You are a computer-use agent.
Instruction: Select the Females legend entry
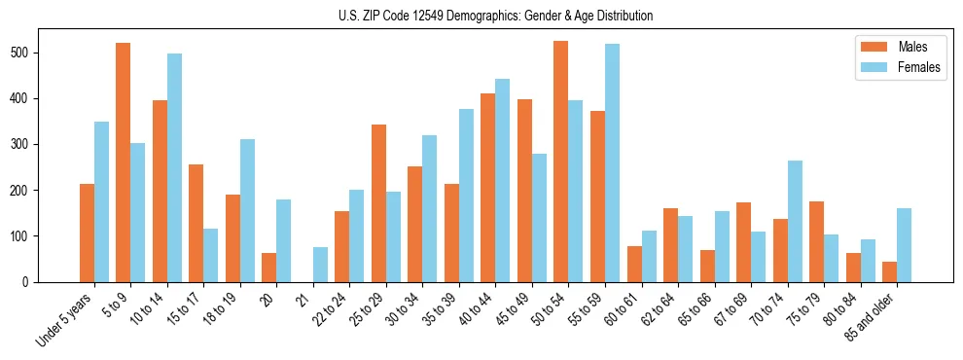[892, 68]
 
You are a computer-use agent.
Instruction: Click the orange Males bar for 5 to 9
[124, 162]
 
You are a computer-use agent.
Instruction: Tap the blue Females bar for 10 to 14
[174, 167]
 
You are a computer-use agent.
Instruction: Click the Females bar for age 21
[320, 265]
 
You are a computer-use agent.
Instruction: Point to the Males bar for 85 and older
[889, 271]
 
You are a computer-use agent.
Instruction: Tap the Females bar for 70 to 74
[794, 221]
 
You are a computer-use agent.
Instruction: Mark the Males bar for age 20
[269, 268]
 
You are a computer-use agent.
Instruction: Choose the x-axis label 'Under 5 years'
[65, 319]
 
